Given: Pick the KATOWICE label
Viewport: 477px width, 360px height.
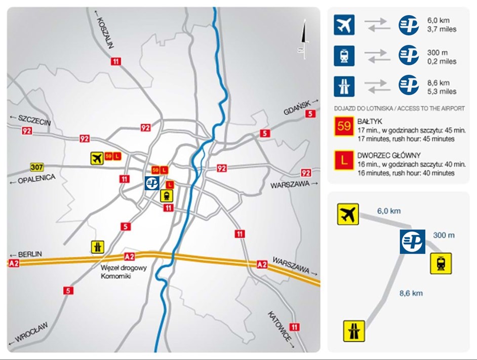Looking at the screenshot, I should tap(280, 327).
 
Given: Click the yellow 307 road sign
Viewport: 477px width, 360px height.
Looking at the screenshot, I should tap(36, 167).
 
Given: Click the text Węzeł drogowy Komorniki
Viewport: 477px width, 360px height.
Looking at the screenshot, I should tap(124, 272).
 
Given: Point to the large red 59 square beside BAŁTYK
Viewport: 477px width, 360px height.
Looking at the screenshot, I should tap(344, 126).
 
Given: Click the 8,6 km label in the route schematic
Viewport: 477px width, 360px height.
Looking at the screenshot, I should tap(411, 293).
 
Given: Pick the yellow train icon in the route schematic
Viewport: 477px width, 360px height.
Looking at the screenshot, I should tap(441, 264).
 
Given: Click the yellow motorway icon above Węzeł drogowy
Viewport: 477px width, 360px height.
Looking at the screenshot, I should tap(98, 247).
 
